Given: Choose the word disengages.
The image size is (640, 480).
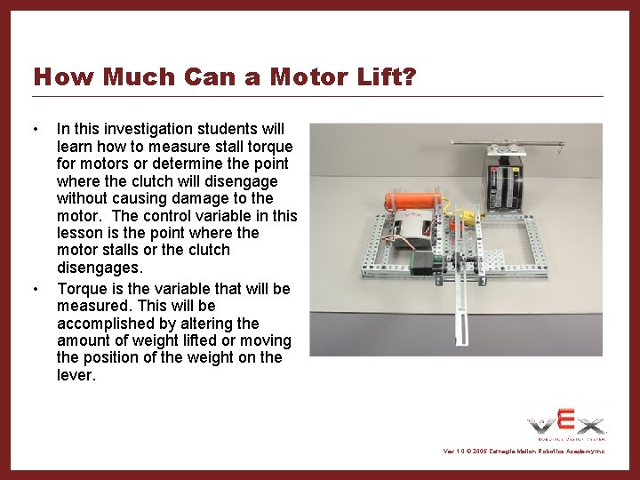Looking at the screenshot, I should coord(93,268).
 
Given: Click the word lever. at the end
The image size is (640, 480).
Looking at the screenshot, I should coord(75,375).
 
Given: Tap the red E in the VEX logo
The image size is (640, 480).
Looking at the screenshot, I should coord(566,420).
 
